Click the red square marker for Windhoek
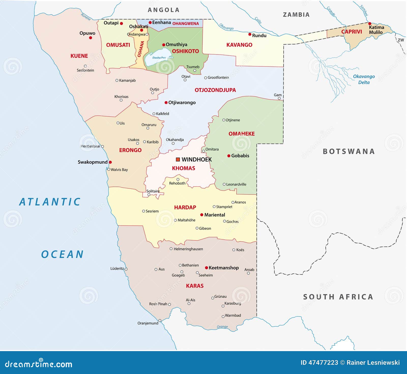click(178, 160)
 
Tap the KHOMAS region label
click(183, 168)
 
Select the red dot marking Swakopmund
click(110, 162)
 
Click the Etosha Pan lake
click(158, 57)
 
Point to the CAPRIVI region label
click(352, 32)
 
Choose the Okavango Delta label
click(364, 79)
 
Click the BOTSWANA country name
click(349, 151)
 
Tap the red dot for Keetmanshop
click(207, 268)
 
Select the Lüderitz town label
click(117, 268)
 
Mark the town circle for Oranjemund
click(160, 320)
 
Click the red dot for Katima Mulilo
click(370, 23)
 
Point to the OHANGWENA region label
click(185, 23)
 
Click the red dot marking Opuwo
click(90, 38)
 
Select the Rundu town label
click(259, 36)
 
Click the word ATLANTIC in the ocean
click(50, 202)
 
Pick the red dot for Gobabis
click(229, 156)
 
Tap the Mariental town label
click(214, 215)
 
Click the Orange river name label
click(222, 327)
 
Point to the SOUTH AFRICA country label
click(338, 297)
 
